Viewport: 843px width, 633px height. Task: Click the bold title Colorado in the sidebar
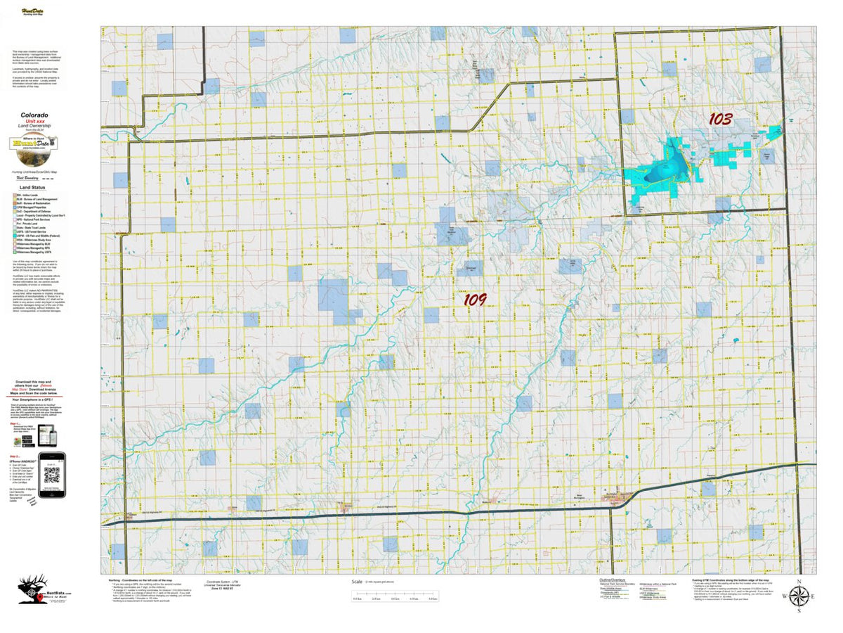coord(34,115)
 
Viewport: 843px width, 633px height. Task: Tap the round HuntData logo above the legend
coord(34,143)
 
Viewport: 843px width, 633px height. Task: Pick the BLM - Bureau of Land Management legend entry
coord(39,199)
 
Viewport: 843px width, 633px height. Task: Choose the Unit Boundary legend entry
coord(28,178)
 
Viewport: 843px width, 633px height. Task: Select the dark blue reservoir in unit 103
coord(672,166)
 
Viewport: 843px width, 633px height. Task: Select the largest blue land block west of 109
coord(333,295)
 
